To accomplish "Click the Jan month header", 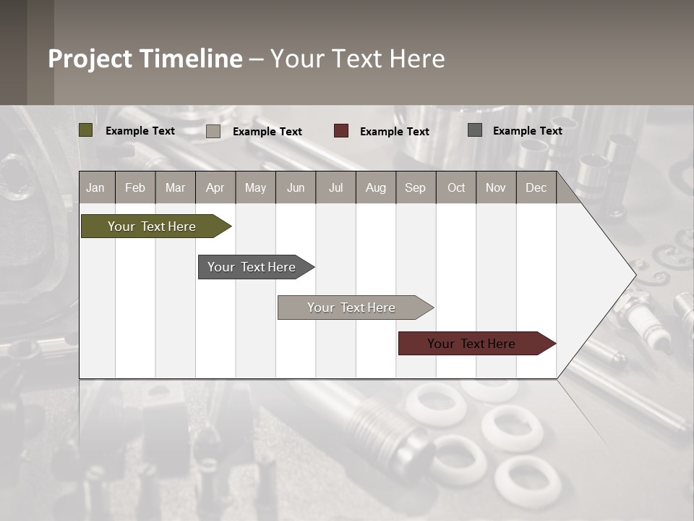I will click(x=95, y=187).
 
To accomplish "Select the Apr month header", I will click(x=215, y=187).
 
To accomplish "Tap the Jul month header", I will click(x=335, y=187).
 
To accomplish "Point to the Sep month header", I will click(x=415, y=187).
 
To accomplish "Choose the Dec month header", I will click(x=536, y=187).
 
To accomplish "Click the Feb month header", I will click(x=135, y=187).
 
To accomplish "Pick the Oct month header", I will click(x=456, y=187).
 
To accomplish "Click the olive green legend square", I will click(x=85, y=130).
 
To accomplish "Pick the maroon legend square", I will click(x=341, y=131).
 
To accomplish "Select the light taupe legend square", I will click(x=213, y=131).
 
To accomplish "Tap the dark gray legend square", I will click(x=475, y=130).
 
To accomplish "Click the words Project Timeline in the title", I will click(x=145, y=59).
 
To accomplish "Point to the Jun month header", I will click(x=296, y=187).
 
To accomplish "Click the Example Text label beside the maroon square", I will click(x=394, y=131).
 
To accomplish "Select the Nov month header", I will click(x=496, y=187).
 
